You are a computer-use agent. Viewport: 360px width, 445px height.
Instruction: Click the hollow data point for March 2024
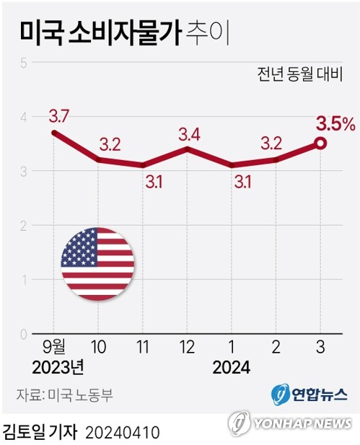click(320, 144)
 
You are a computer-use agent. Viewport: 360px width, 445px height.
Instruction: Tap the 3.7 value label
click(59, 116)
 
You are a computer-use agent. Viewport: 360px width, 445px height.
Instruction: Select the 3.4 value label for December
click(189, 135)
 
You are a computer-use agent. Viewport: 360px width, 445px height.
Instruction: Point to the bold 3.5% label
click(336, 125)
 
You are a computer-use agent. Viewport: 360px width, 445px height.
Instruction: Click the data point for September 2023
click(53, 133)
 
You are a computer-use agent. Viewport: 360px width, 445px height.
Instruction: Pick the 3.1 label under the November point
click(154, 182)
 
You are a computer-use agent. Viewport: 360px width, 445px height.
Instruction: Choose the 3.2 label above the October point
click(110, 145)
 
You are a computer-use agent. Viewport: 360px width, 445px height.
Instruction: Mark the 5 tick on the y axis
click(24, 63)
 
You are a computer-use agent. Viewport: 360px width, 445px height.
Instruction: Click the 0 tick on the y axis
click(24, 335)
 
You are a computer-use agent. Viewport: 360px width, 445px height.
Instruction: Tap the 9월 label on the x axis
click(54, 347)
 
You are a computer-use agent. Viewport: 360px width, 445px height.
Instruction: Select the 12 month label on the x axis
click(187, 347)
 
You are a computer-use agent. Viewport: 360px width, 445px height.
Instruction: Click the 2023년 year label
click(58, 368)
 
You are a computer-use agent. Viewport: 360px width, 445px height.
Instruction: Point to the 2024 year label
click(232, 368)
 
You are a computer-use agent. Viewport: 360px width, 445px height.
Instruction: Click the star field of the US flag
click(80, 247)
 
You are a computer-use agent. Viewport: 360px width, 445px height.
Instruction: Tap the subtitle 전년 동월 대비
click(300, 74)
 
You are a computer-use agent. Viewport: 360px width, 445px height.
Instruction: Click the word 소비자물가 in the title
click(125, 33)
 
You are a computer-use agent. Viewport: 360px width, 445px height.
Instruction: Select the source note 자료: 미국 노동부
click(64, 395)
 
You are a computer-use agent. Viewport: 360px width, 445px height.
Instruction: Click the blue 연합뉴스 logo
click(309, 395)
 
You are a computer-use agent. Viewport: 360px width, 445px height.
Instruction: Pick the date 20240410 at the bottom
click(123, 433)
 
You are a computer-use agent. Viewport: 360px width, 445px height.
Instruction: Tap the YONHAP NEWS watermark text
click(302, 424)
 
